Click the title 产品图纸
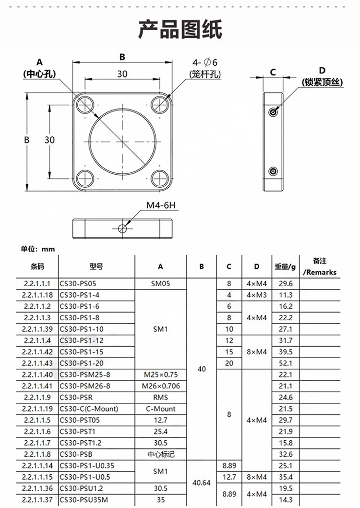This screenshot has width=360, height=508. click(x=180, y=29)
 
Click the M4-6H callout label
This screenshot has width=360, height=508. click(x=161, y=206)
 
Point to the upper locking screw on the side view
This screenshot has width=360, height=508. click(x=273, y=111)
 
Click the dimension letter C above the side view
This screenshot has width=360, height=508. click(x=273, y=73)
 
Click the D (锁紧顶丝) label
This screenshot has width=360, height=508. click(x=322, y=77)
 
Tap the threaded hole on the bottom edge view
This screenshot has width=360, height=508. click(x=123, y=229)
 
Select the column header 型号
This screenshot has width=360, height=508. click(x=96, y=266)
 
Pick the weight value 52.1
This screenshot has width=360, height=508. click(x=286, y=363)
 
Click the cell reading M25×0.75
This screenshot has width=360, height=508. click(x=160, y=375)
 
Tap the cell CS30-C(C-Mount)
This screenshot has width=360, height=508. click(x=89, y=409)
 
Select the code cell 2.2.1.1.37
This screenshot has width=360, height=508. click(x=37, y=500)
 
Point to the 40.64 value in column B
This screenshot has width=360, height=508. click(x=202, y=483)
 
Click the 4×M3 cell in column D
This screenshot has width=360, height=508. click(x=256, y=295)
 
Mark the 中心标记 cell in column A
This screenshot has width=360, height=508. click(x=160, y=454)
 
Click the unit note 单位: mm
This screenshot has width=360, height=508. click(x=38, y=249)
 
